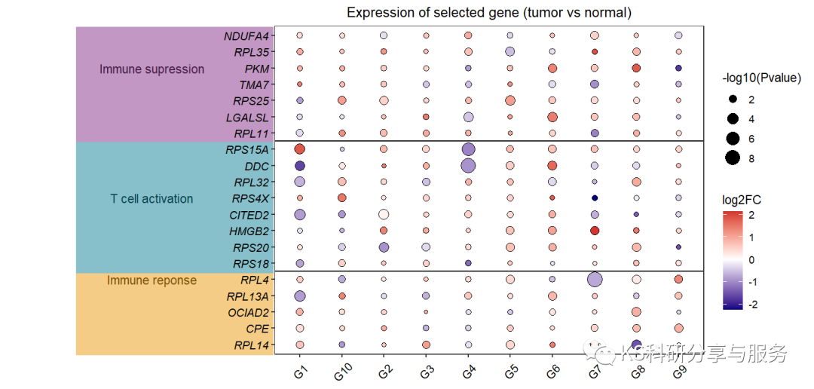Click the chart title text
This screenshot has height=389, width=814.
[x=489, y=13]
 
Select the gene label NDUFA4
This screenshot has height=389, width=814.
[x=246, y=36]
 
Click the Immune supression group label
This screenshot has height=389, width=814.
[x=152, y=69]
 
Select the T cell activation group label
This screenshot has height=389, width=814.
[x=151, y=199]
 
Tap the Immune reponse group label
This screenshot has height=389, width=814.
[x=152, y=280]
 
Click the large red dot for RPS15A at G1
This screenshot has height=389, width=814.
[x=299, y=149]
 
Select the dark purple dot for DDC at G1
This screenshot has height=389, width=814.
[x=299, y=166]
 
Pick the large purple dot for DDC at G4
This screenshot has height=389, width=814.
[x=468, y=166]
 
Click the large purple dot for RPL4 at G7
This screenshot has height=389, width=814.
[x=595, y=280]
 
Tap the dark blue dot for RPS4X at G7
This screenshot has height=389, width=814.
[x=595, y=198]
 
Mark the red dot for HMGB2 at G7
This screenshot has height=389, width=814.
[x=595, y=231]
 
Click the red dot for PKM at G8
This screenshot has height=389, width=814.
[x=636, y=68]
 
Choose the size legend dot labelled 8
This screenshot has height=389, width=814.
[x=733, y=158]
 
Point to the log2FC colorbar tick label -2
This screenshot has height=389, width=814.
[x=753, y=305]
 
